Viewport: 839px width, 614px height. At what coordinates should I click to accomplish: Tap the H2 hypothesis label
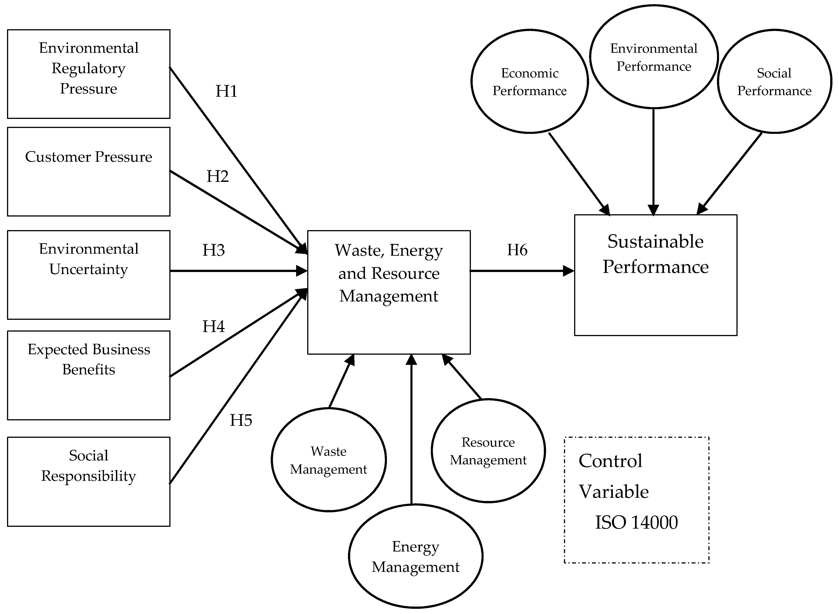[217, 176]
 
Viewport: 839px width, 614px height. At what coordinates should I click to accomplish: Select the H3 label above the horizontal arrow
[213, 250]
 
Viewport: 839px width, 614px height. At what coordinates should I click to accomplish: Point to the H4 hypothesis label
[213, 326]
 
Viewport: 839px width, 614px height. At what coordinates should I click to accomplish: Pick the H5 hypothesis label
[241, 420]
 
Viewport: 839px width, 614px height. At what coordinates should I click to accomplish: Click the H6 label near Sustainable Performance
[517, 250]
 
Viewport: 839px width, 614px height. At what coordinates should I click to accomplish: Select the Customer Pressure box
[88, 172]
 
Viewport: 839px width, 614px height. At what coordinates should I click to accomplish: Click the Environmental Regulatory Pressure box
[88, 74]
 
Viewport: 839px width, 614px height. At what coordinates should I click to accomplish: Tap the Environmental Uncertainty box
[88, 275]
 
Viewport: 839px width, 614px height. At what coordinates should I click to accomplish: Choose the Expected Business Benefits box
[88, 375]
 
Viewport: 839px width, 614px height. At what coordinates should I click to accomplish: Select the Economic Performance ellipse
[529, 81]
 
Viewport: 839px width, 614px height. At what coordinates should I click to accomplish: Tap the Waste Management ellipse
[329, 460]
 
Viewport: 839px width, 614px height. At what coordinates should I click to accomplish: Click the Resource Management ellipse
[488, 451]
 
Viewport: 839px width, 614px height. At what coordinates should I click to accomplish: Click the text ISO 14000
[636, 522]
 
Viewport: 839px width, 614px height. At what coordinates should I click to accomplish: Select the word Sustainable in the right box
[655, 242]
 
